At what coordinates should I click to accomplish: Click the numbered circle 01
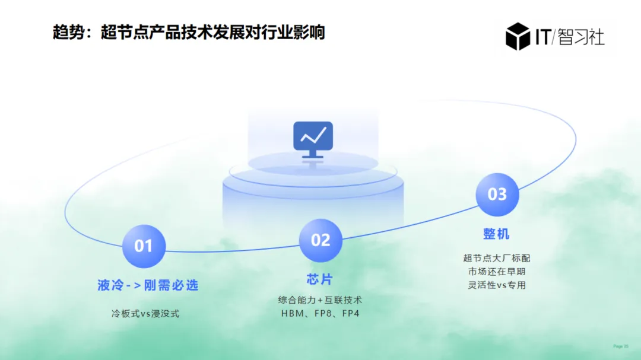click(x=144, y=246)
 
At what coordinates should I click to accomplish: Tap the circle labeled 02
click(x=320, y=240)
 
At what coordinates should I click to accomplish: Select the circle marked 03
click(x=497, y=195)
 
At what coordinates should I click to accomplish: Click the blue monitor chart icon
click(x=313, y=139)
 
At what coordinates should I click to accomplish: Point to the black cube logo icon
click(x=518, y=36)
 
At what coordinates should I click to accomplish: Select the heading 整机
click(x=496, y=234)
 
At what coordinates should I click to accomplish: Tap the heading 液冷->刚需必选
click(x=148, y=285)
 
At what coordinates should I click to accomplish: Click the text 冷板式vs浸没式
click(x=145, y=314)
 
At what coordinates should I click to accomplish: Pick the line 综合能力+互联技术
click(x=320, y=300)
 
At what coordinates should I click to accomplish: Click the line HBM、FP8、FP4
click(x=320, y=313)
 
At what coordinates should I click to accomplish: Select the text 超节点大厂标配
click(x=497, y=258)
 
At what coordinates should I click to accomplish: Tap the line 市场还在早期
click(x=497, y=271)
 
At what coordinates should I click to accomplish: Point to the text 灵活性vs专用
click(x=497, y=285)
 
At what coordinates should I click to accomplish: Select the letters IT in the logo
click(x=541, y=37)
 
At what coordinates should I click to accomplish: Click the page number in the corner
click(x=620, y=346)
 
